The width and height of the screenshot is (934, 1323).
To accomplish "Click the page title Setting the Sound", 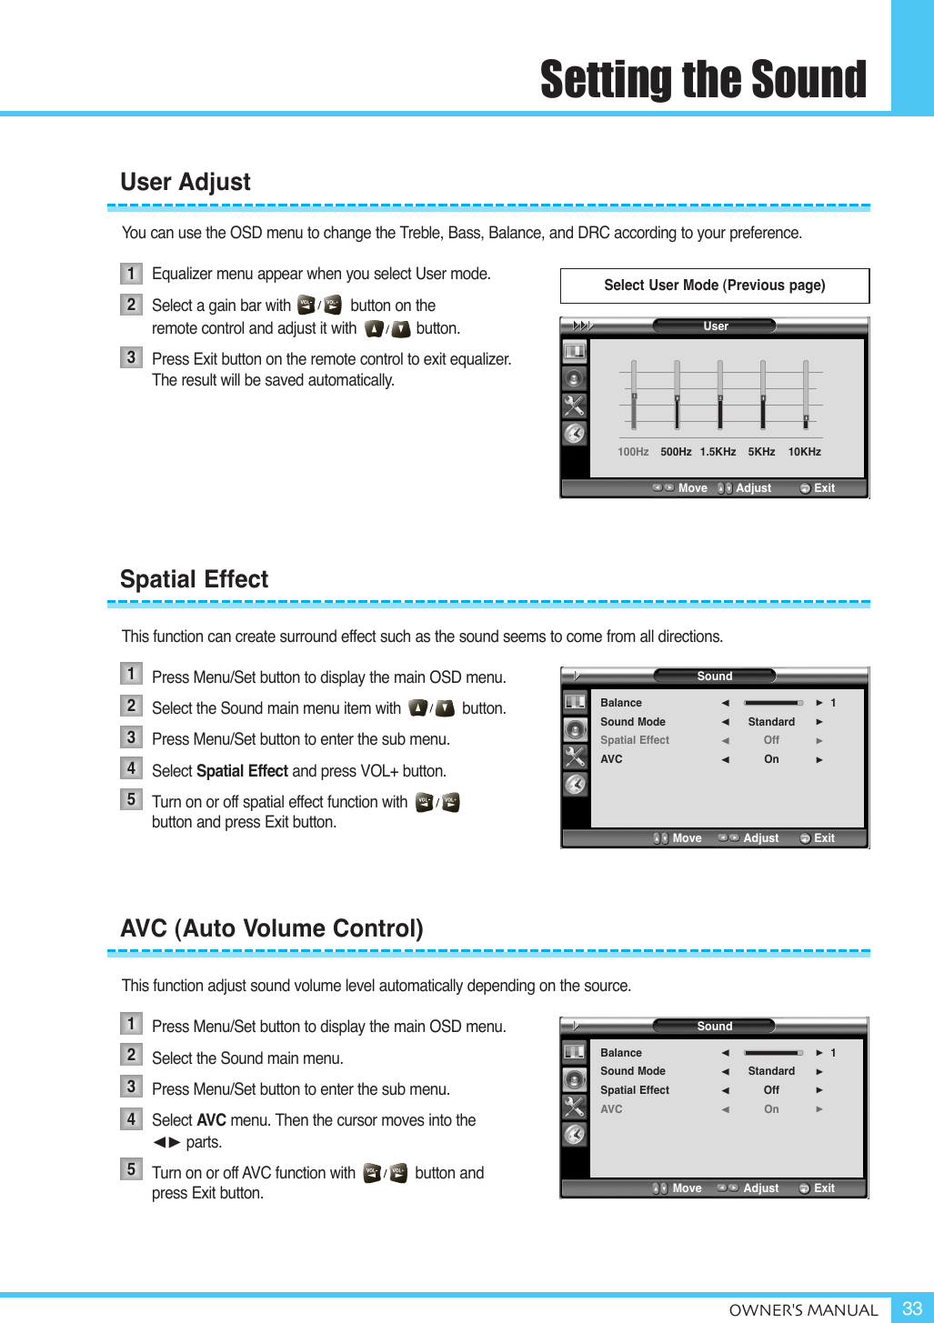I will (703, 79).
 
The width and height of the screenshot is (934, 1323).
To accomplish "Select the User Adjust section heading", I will (186, 182).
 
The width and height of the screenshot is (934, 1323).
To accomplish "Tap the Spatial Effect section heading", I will (194, 579).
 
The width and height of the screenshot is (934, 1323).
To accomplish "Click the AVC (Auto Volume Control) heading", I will (272, 928).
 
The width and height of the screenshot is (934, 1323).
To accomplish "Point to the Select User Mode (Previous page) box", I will (715, 286).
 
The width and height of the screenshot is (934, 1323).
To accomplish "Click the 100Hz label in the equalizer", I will (633, 452).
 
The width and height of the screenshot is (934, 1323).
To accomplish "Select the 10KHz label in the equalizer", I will (804, 452).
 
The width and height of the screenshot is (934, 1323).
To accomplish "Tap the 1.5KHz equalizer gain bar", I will (719, 395).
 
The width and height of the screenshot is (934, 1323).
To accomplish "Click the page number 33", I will (911, 1308).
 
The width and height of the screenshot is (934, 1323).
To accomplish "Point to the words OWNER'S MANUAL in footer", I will (803, 1310).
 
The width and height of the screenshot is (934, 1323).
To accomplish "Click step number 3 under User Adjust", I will (131, 357).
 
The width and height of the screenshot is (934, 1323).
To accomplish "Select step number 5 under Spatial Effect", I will (131, 799).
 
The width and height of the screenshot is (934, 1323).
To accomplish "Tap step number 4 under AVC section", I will (131, 1118).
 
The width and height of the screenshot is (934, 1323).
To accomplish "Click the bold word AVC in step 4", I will (211, 1120).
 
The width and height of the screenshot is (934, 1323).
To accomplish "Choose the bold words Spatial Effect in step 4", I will (242, 771).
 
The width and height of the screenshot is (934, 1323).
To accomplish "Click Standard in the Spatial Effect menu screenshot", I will (771, 722).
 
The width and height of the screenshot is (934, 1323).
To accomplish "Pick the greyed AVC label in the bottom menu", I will (611, 1109).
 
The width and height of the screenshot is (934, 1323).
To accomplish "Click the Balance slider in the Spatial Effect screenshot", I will (773, 703).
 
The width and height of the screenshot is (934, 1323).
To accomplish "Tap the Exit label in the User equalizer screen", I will (824, 488).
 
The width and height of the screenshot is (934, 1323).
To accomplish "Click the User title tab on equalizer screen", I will (715, 326).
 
